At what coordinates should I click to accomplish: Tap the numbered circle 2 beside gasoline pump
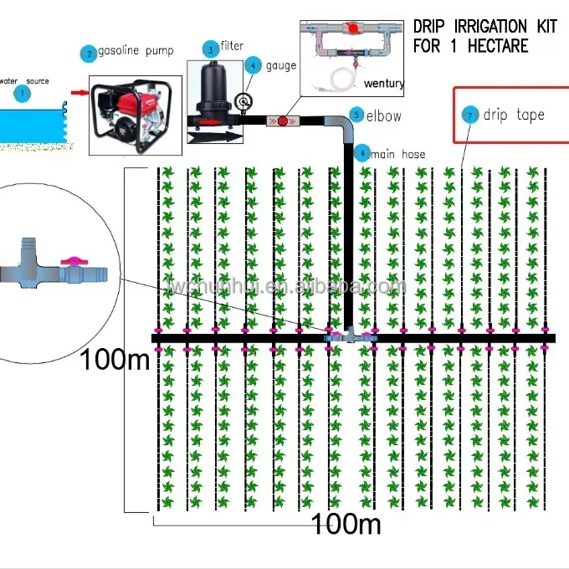[x=88, y=54]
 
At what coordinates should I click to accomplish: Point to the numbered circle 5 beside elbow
[x=356, y=115]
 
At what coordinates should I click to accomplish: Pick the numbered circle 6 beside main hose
[x=361, y=152]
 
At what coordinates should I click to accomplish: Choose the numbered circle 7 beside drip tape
[x=471, y=114]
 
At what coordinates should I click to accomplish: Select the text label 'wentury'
[x=384, y=83]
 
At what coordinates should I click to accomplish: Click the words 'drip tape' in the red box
[x=514, y=115]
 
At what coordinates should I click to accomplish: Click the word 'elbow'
[x=384, y=116]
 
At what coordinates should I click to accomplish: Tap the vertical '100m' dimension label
[x=115, y=360]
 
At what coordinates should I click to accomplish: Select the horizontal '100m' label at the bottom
[x=346, y=525]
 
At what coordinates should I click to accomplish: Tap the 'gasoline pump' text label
[x=136, y=52]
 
